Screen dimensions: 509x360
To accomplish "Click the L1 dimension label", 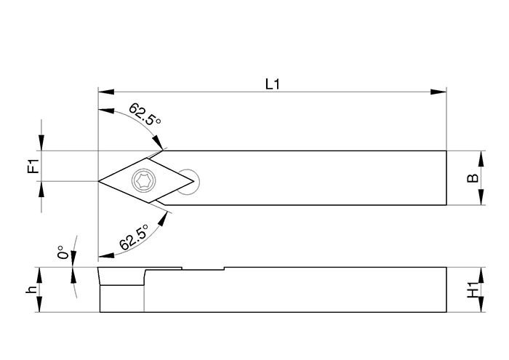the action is pyautogui.click(x=273, y=84).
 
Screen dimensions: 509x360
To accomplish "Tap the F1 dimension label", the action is pyautogui.click(x=33, y=166).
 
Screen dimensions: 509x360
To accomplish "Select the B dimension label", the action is pyautogui.click(x=473, y=178).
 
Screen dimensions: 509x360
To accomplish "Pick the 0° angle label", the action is pyautogui.click(x=64, y=252).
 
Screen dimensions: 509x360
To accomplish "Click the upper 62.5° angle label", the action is pyautogui.click(x=144, y=114).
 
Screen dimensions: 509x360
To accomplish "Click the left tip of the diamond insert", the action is pyautogui.click(x=99, y=181).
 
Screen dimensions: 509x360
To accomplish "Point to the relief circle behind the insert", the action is pyautogui.click(x=188, y=182).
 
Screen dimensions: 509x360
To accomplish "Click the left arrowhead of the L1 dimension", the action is pyautogui.click(x=106, y=92).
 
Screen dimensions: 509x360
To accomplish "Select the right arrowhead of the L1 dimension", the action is pyautogui.click(x=438, y=92).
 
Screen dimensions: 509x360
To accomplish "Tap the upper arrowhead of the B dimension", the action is pyautogui.click(x=481, y=159).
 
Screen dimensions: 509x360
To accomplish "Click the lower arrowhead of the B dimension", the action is pyautogui.click(x=481, y=197).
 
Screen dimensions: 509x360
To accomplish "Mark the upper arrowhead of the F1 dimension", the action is pyautogui.click(x=41, y=143).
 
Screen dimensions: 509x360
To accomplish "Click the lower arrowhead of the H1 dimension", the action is pyautogui.click(x=481, y=305).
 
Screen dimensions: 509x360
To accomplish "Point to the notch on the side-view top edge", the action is pyautogui.click(x=203, y=268).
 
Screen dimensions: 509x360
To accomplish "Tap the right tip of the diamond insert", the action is pyautogui.click(x=194, y=181).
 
